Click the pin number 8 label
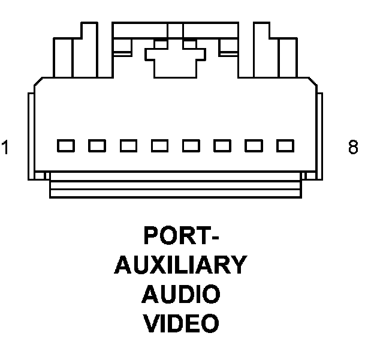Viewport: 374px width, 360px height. pyautogui.click(x=353, y=147)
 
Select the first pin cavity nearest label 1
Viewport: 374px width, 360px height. pyautogui.click(x=65, y=145)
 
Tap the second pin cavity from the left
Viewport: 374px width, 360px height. pyautogui.click(x=96, y=145)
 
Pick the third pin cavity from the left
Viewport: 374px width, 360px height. pyautogui.click(x=128, y=145)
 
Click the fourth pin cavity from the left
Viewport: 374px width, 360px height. pyautogui.click(x=159, y=145)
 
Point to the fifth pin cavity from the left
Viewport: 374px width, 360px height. pyautogui.click(x=191, y=145)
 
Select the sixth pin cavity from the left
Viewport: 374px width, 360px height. pyautogui.click(x=222, y=145)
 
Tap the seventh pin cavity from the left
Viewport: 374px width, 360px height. pyautogui.click(x=254, y=145)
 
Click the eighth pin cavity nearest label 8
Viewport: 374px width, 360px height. pyautogui.click(x=285, y=145)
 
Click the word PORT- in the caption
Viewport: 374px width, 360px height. pyautogui.click(x=181, y=236)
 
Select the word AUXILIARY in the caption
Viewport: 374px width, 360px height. pyautogui.click(x=180, y=265)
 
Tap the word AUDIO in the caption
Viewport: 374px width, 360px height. pyautogui.click(x=180, y=295)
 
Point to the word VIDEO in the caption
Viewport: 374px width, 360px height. pyautogui.click(x=180, y=324)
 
